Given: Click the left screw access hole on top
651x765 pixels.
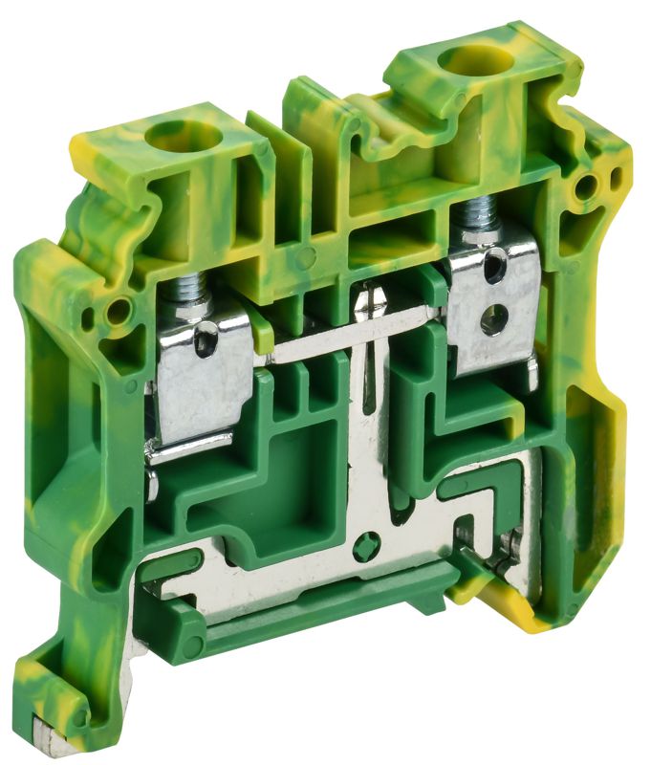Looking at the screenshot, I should coord(181,136).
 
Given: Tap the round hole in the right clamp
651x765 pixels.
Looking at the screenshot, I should coord(492,323).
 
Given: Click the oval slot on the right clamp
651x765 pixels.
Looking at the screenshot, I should coord(492,271).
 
